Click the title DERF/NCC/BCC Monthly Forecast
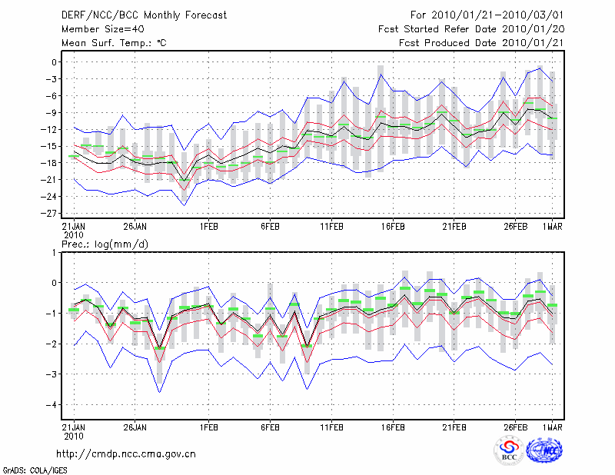click(144, 15)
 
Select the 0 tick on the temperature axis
click(55, 62)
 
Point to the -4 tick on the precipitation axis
click(53, 404)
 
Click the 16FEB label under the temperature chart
click(393, 227)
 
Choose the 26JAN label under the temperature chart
click(135, 227)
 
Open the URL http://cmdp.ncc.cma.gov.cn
click(126, 453)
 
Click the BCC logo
click(510, 450)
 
